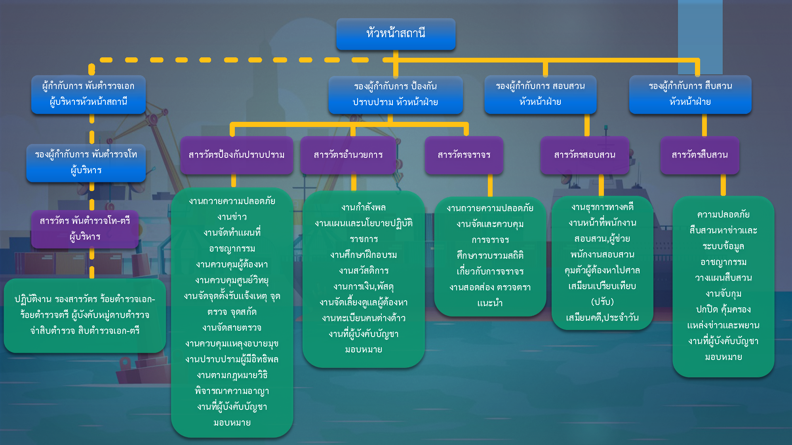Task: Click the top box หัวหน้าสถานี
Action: (396, 34)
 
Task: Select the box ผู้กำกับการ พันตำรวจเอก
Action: (88, 94)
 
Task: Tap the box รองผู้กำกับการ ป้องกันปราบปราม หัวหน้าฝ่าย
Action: (395, 95)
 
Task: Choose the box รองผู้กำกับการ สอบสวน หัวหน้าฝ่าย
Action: (540, 94)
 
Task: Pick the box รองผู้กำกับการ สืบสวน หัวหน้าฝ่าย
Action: (690, 94)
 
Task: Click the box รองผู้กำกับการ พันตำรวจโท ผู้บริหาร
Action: (86, 163)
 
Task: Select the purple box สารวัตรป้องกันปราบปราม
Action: (236, 155)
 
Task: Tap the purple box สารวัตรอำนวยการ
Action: (348, 155)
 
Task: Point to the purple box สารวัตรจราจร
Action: (464, 155)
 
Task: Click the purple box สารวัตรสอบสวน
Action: (584, 155)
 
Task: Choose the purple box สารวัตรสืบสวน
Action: (699, 155)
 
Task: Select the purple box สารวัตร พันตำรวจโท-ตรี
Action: (85, 229)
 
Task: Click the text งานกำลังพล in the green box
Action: (364, 207)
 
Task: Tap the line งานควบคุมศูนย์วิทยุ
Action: (232, 280)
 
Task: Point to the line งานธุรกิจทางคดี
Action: (602, 207)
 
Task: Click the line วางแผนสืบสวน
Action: (723, 278)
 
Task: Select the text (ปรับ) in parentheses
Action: (602, 302)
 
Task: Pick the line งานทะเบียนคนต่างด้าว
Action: (364, 318)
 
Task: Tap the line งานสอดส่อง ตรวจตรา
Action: (490, 287)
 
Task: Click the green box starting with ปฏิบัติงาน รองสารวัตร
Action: (85, 315)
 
